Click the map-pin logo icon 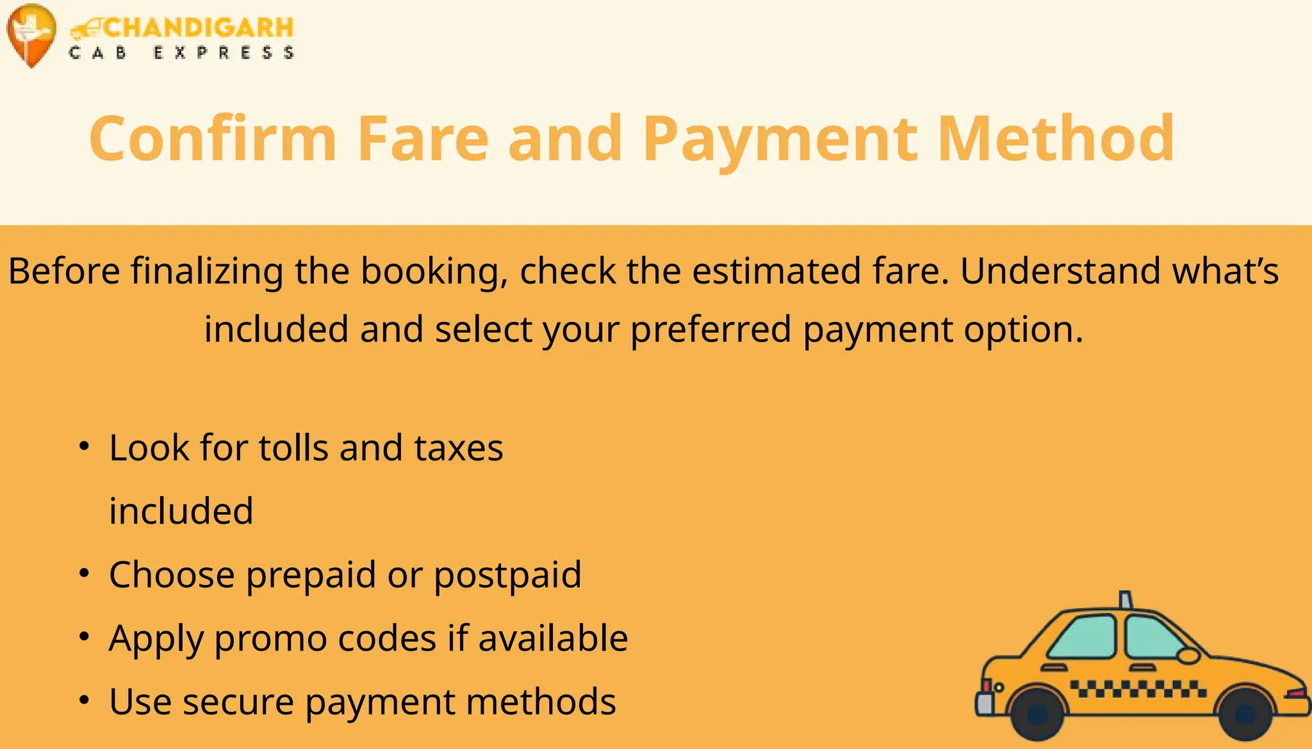[x=30, y=34]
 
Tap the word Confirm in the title [x=213, y=138]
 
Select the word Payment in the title [x=780, y=140]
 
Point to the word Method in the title [x=1056, y=138]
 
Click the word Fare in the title [x=423, y=138]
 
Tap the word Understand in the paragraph [x=1060, y=270]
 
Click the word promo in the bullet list [x=270, y=640]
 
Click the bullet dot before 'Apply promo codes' [x=84, y=636]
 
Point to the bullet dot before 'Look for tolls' [x=84, y=446]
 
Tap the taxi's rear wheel [x=1037, y=713]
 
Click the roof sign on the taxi [x=1125, y=599]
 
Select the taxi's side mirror [x=1188, y=656]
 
